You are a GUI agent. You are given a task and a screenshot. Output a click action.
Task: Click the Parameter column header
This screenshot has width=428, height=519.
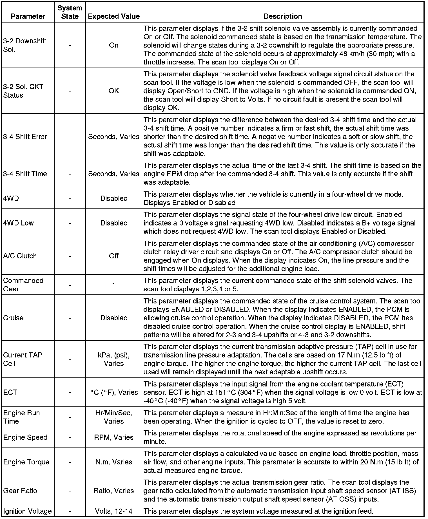click(28, 16)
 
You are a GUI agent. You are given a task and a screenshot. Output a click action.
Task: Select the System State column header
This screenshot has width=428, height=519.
click(70, 12)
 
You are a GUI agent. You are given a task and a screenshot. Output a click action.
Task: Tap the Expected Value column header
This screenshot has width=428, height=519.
click(114, 16)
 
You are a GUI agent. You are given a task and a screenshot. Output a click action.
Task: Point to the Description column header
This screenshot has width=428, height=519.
click(283, 16)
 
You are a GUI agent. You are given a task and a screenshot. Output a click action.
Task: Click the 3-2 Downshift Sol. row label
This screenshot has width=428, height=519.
click(25, 45)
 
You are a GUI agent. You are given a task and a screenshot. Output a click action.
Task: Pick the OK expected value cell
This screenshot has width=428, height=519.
click(114, 91)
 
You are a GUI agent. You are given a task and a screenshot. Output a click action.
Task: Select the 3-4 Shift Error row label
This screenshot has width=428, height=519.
click(25, 137)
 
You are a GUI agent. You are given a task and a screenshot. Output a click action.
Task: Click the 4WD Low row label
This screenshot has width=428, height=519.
click(18, 223)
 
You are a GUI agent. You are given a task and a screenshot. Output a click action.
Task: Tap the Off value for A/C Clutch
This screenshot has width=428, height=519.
click(114, 256)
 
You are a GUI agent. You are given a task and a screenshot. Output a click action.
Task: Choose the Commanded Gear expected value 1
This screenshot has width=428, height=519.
click(114, 285)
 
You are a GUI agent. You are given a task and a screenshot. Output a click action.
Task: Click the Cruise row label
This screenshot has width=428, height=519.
click(13, 318)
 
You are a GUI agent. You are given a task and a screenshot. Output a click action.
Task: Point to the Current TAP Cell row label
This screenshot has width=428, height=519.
click(23, 359)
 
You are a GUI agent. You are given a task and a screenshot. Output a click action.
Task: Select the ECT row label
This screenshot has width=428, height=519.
click(10, 392)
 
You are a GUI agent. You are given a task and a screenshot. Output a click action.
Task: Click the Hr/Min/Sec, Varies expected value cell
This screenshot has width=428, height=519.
click(114, 417)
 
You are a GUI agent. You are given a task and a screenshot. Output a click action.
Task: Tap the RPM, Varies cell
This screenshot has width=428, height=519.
click(114, 437)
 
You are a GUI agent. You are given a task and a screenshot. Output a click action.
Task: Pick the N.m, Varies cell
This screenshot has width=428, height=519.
click(114, 462)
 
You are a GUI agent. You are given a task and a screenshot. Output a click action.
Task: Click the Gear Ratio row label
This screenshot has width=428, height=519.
click(20, 491)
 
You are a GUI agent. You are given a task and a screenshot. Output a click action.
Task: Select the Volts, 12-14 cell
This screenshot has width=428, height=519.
click(114, 511)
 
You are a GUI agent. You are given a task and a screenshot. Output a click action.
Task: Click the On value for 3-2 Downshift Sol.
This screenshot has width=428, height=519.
click(114, 45)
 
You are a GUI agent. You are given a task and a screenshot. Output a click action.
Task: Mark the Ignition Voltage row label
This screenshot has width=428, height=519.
click(28, 511)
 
